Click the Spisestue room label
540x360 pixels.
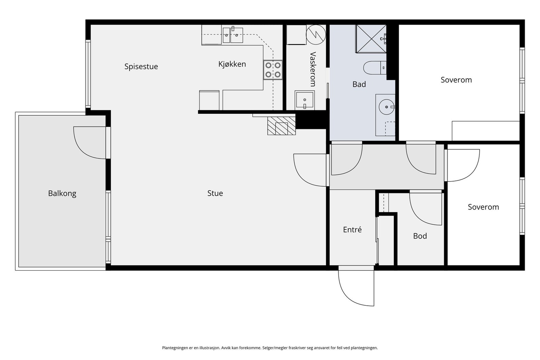pos(141,66)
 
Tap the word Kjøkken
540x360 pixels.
pos(232,64)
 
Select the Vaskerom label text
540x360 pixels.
pos(313,69)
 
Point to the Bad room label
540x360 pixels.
pos(359,84)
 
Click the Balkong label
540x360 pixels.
pos(62,193)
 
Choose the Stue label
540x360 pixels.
pos(215,193)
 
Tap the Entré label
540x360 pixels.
pos(352,230)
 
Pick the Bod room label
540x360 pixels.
pos(420,236)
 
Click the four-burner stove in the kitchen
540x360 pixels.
pos(273,70)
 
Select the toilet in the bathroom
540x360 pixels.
pos(375,68)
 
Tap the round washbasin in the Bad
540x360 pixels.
pos(387,107)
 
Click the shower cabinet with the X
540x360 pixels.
pos(371,38)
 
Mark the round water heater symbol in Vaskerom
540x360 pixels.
pos(316,35)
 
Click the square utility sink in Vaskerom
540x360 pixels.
pos(304,100)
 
